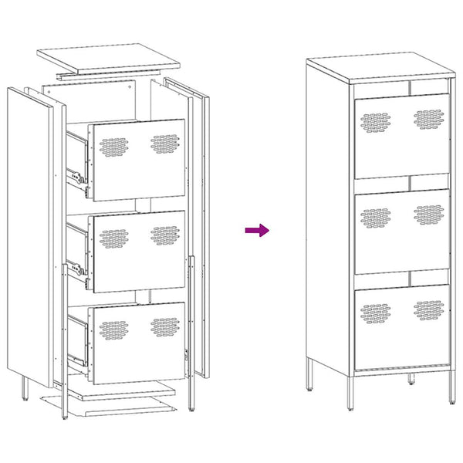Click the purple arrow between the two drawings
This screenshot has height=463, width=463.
[257, 230]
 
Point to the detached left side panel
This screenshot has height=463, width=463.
[31, 231]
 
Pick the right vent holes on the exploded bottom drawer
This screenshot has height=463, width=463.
[164, 326]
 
